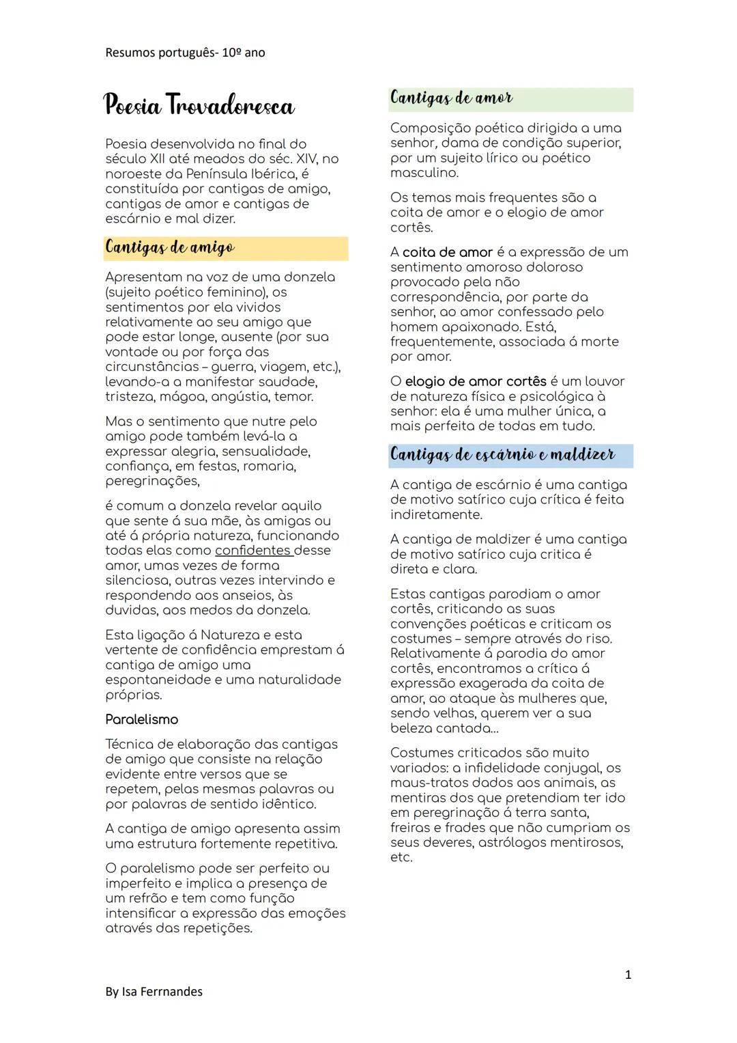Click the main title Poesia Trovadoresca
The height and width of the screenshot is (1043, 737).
coord(199,106)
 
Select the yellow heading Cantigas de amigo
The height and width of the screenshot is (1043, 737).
coord(170,248)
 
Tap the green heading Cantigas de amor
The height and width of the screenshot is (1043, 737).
coord(451,98)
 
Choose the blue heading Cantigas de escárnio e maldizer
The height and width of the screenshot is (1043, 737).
coord(502,455)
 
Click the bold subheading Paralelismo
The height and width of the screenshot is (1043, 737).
coord(141,719)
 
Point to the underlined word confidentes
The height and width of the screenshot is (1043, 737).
coord(253,551)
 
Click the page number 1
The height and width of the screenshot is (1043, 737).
coord(628,975)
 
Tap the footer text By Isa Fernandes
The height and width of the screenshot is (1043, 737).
coord(154,992)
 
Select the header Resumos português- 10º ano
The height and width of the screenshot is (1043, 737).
coord(185,53)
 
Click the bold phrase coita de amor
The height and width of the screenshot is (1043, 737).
coord(447,252)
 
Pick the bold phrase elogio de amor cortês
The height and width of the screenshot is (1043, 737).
coord(476,381)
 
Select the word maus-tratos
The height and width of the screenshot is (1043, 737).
coord(427,783)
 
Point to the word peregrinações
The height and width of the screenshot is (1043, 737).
coord(152,481)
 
